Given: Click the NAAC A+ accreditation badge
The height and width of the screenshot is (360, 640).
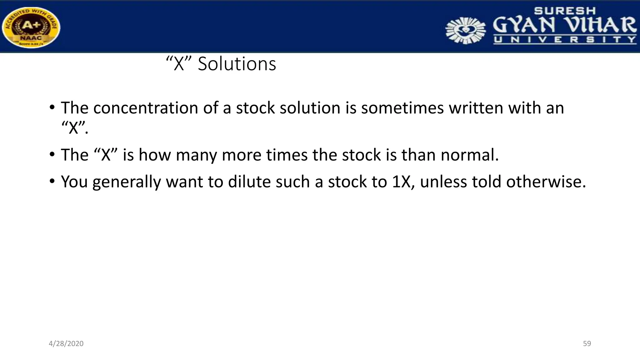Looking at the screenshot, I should click(x=31, y=27).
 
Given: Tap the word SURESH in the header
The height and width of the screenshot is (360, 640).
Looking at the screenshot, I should click(x=565, y=11).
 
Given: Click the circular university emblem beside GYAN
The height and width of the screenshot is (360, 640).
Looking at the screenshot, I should click(x=465, y=30).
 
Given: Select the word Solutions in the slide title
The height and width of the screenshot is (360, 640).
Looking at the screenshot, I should click(x=237, y=64).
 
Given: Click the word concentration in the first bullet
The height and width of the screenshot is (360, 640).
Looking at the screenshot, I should click(x=146, y=108).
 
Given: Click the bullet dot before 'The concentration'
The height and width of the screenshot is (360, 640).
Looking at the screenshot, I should click(x=52, y=108).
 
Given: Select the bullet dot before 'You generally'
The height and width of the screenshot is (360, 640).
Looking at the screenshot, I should click(x=52, y=181).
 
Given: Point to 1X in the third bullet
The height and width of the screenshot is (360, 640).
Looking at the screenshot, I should click(x=401, y=182).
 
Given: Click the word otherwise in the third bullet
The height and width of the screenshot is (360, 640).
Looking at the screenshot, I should click(x=546, y=182).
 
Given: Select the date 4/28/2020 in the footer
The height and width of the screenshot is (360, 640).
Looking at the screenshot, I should click(x=66, y=344).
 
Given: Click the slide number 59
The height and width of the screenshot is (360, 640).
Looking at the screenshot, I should click(x=587, y=344).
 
